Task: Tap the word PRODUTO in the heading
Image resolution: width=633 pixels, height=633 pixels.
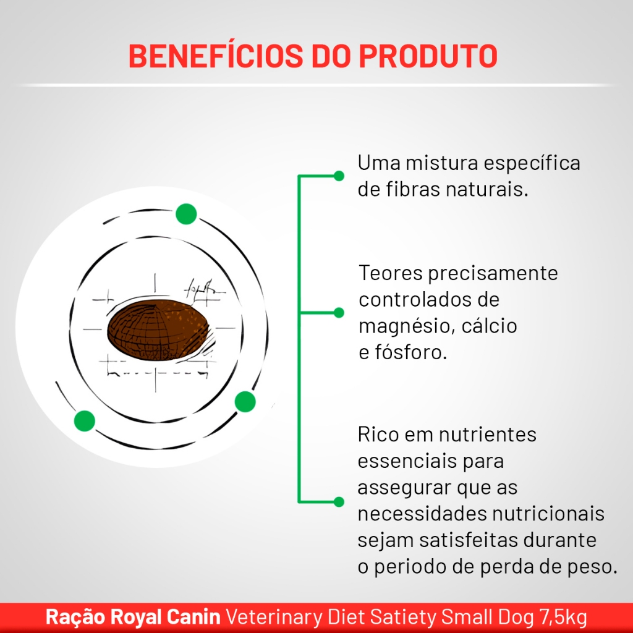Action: (x=428, y=56)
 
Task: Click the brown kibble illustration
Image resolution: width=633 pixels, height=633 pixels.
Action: (x=158, y=330)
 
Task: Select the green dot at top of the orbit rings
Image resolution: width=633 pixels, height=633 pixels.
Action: (x=186, y=213)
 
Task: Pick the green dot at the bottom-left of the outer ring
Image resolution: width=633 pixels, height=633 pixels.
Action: (x=84, y=420)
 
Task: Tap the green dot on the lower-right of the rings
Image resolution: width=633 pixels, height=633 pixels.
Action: (x=245, y=401)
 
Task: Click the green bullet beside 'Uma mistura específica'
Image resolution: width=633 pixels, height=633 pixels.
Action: (x=339, y=176)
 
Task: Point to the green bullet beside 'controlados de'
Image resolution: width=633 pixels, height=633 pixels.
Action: (x=339, y=312)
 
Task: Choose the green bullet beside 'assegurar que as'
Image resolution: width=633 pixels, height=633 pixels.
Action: (x=339, y=501)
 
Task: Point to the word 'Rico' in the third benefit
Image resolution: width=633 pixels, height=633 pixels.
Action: (x=378, y=435)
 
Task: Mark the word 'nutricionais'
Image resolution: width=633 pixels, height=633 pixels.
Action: (x=548, y=514)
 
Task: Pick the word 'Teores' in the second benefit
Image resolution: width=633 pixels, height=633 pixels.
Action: (x=391, y=273)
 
